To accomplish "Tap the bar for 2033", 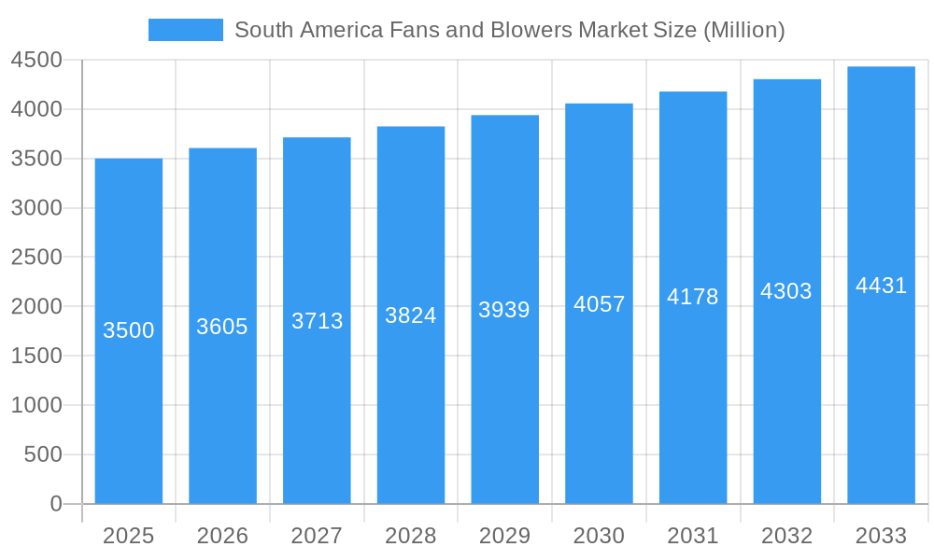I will [881, 392].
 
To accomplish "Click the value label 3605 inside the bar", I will [222, 327].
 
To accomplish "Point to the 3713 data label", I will [318, 321].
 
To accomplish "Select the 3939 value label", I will [504, 310].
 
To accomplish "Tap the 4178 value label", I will [693, 297].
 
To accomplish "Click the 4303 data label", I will [786, 291].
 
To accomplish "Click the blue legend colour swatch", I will [186, 30].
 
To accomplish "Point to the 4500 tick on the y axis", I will [36, 61].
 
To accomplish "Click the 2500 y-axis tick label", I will [36, 258].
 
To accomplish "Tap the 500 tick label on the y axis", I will [43, 455].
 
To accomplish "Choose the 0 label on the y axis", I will [56, 504].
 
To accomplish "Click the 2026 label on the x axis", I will [222, 536].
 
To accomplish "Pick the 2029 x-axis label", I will [504, 536].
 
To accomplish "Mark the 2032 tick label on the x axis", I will [786, 536].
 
